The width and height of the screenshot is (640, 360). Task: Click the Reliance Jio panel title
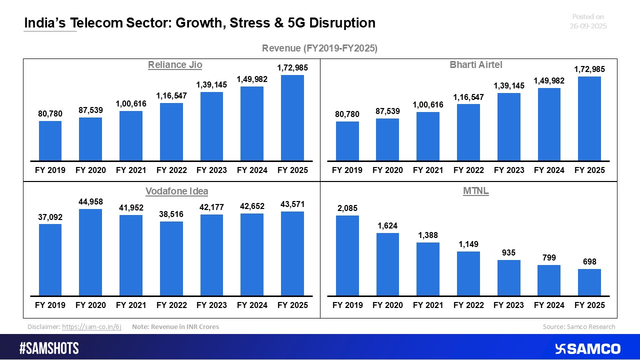pos(174,65)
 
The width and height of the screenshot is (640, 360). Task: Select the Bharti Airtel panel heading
pos(468,64)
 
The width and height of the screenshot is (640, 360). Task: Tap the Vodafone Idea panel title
pos(176,191)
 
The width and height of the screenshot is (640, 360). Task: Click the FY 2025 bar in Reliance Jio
pos(292,118)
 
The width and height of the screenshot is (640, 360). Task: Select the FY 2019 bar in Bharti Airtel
pos(347,141)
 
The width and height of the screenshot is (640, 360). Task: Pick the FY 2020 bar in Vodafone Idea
pos(90,252)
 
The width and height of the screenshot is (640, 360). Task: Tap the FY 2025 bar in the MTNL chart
pos(589,282)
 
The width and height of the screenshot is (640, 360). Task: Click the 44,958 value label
pos(90,202)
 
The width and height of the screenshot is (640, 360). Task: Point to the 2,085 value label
pos(347,208)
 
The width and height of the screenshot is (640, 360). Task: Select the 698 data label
pos(589,262)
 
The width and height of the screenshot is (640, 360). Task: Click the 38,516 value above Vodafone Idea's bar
pos(171,214)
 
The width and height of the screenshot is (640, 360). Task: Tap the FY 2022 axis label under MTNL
pos(468,305)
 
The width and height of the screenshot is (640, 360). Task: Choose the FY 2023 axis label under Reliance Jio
pos(211,170)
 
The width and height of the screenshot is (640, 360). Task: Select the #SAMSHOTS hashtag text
pos(49,348)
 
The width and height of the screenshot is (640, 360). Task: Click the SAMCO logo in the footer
pos(588,348)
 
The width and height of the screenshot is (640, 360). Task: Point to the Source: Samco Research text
pos(579,327)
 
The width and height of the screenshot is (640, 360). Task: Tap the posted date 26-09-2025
pos(588,26)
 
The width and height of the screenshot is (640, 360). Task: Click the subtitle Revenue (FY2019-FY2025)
pos(319,48)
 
